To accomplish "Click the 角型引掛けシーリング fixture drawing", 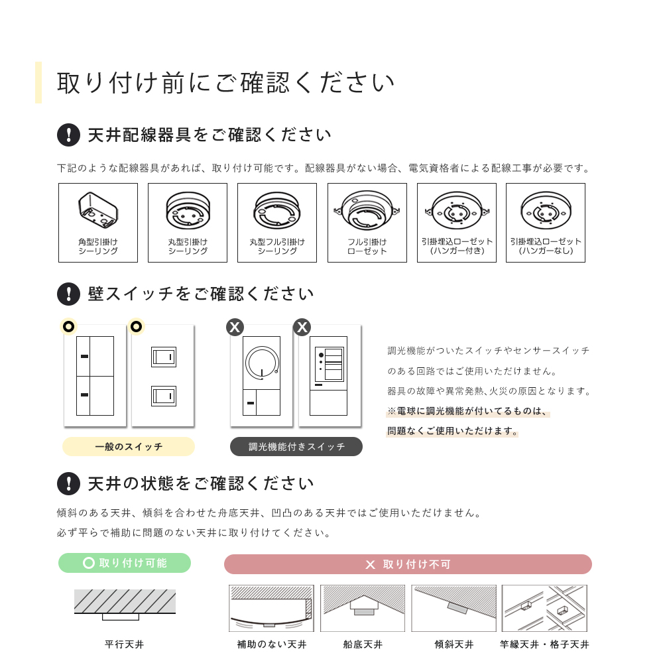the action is point(98,210).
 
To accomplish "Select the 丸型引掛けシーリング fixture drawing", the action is point(188,210).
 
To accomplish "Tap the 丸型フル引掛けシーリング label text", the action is point(277,246).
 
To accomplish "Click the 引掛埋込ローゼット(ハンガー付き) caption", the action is point(457,246).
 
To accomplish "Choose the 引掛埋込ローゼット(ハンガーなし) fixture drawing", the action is point(546,211).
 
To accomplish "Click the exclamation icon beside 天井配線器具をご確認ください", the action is point(68,135).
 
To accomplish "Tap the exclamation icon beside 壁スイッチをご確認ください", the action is point(68,294).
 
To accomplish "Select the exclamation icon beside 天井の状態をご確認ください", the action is point(68,483).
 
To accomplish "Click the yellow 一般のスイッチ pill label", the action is point(129,447).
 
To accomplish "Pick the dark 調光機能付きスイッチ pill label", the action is point(296,447).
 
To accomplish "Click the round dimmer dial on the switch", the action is point(262,363).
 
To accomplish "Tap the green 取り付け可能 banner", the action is point(125,563).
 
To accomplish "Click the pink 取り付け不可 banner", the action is point(408,564).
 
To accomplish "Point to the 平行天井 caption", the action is point(125,644).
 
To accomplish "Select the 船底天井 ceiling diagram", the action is point(363,608).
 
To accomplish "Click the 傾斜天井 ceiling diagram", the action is point(453,608).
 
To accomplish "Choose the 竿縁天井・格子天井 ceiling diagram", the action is point(544,608).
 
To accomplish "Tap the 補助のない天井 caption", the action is point(272,644).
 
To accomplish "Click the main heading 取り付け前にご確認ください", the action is point(226,82).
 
